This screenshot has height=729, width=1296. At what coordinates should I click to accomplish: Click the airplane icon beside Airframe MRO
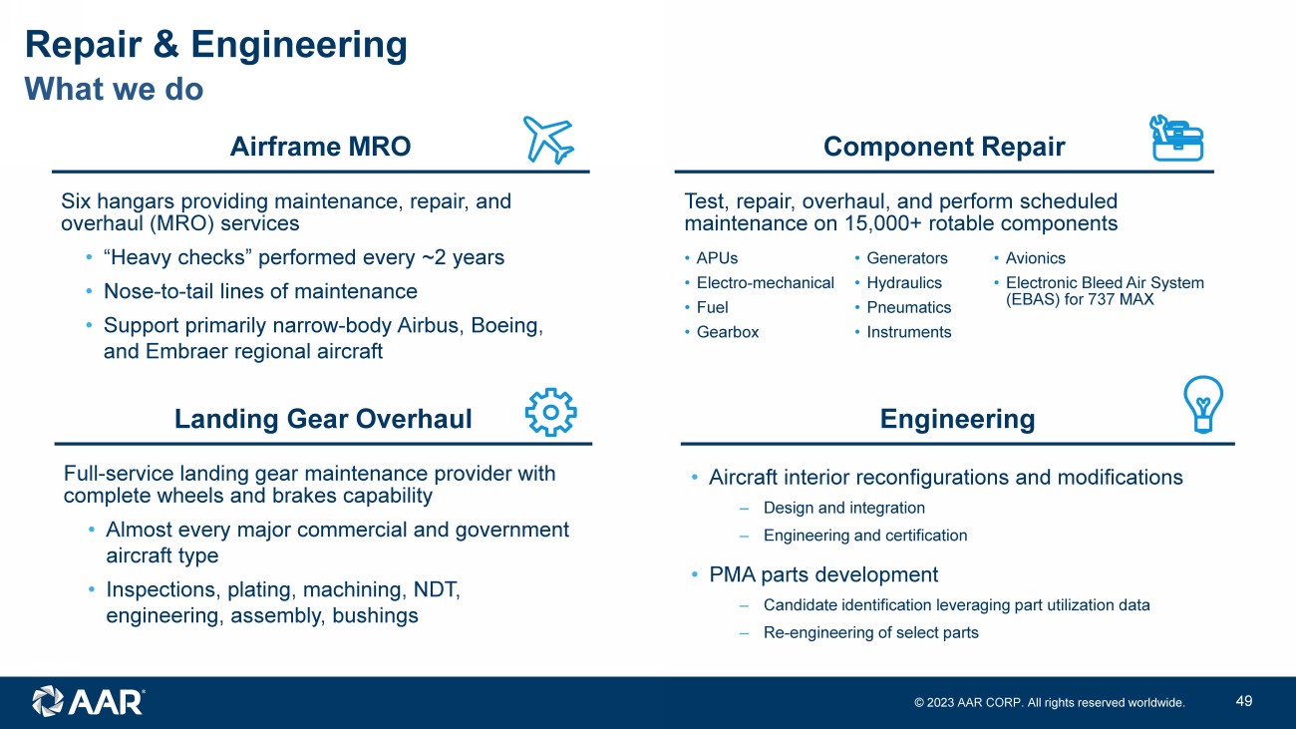tap(548, 140)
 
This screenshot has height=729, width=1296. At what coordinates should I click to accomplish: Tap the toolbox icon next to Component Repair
tap(1176, 138)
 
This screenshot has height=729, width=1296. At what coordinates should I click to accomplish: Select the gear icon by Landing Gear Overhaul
tap(550, 412)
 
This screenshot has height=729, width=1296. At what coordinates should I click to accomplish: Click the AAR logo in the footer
tap(88, 701)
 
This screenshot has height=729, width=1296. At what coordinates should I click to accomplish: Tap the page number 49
tap(1243, 701)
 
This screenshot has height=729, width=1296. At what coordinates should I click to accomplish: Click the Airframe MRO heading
tap(320, 147)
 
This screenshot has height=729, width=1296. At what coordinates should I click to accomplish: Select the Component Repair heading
tap(944, 147)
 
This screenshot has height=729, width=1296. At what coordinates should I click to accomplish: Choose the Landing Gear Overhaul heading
tap(323, 419)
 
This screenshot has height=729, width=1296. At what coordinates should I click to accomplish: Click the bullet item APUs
tap(717, 258)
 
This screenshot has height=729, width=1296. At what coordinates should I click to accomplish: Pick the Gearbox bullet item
tap(727, 332)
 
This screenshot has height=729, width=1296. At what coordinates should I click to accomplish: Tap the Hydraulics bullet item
tap(903, 283)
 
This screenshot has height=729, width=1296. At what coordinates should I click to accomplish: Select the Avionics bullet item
tap(1035, 258)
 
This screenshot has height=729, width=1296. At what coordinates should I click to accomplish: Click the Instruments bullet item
tap(908, 332)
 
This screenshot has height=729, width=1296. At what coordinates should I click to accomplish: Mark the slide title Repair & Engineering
tap(215, 45)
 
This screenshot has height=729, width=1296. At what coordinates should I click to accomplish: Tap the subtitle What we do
tap(114, 89)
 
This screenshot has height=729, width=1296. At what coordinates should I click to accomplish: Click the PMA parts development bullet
tap(822, 574)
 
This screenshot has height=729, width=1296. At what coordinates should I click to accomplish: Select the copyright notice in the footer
tap(1050, 703)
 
